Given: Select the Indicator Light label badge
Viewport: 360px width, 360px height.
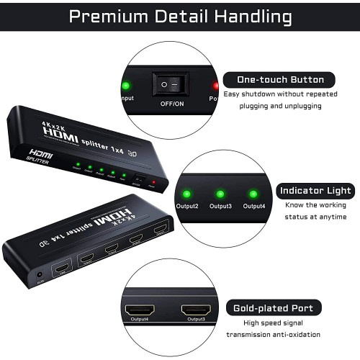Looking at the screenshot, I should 315,191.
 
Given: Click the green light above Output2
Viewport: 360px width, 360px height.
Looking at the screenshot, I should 186,194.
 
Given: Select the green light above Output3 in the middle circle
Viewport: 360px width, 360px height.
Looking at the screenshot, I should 220,194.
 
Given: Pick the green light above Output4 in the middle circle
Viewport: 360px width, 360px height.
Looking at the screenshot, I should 252,194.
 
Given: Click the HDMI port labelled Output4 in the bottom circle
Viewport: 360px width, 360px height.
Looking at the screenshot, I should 140,311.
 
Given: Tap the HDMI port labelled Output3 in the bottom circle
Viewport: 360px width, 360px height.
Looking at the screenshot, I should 194,311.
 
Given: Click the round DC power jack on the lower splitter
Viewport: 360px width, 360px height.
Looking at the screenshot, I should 37,273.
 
